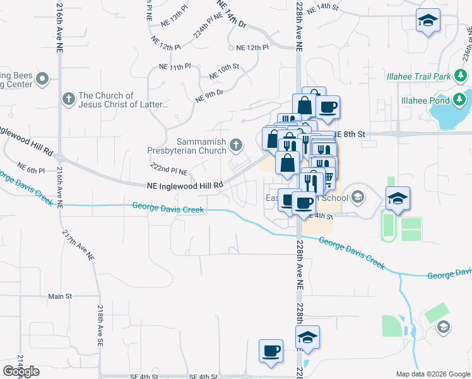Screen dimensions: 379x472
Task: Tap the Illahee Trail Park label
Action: (x=418, y=77)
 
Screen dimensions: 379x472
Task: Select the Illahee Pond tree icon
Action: (x=459, y=100)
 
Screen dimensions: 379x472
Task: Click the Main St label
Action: (x=61, y=296)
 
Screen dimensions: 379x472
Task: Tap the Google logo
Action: (x=21, y=371)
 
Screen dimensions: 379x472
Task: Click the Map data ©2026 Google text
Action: (x=433, y=374)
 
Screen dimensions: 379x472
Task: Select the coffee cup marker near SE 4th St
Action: (x=271, y=351)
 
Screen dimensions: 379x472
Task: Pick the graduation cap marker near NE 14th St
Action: (x=428, y=21)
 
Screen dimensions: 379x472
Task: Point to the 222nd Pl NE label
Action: (x=169, y=171)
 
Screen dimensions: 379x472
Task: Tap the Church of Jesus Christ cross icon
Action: (x=68, y=99)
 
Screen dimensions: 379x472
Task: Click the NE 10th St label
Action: (x=224, y=71)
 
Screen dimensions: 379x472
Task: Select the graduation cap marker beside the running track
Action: (x=398, y=198)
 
